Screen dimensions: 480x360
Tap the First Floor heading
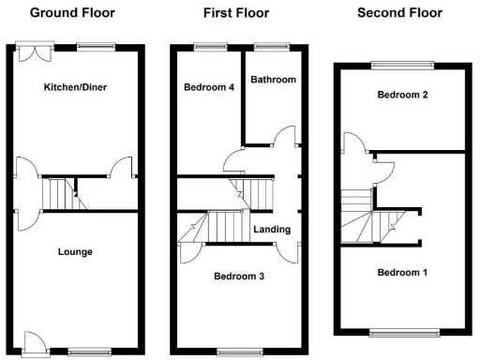235,14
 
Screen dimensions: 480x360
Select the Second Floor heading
398,14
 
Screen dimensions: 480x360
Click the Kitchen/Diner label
76,88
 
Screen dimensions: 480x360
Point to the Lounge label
74,252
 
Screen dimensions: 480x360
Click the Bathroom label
274,81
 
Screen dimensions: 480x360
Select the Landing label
272,230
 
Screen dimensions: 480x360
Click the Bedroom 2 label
402,96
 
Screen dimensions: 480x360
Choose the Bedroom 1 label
401,273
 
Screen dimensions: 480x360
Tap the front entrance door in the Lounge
36,343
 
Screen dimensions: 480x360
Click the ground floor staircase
59,195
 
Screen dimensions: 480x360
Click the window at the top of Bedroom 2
402,64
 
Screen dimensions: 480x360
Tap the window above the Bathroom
272,46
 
